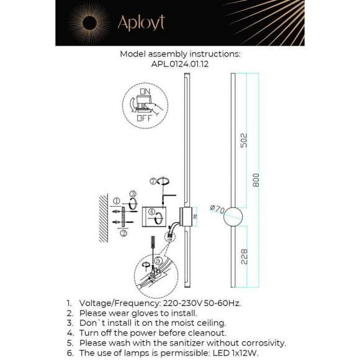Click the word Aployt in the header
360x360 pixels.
[x=141, y=23]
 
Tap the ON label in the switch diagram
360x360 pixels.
[x=145, y=92]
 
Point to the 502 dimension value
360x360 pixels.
[x=244, y=140]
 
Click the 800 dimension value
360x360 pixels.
[x=255, y=181]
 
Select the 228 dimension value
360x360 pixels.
[x=244, y=256]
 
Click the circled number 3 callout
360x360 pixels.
[x=133, y=194]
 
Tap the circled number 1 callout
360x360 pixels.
[x=117, y=201]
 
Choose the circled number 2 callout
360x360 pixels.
[x=124, y=233]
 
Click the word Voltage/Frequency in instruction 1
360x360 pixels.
[x=115, y=303]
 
